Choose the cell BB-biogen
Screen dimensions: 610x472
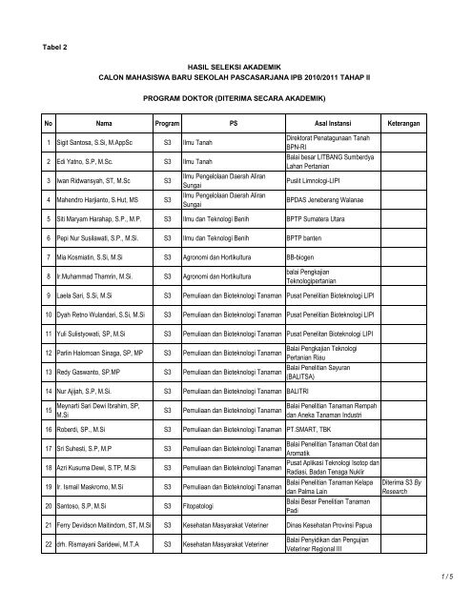pos(303,258)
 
